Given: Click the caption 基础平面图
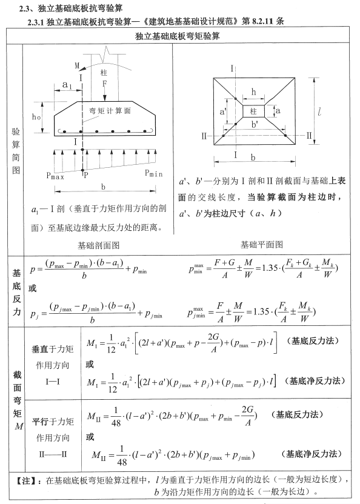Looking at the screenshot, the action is click(261, 245).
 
